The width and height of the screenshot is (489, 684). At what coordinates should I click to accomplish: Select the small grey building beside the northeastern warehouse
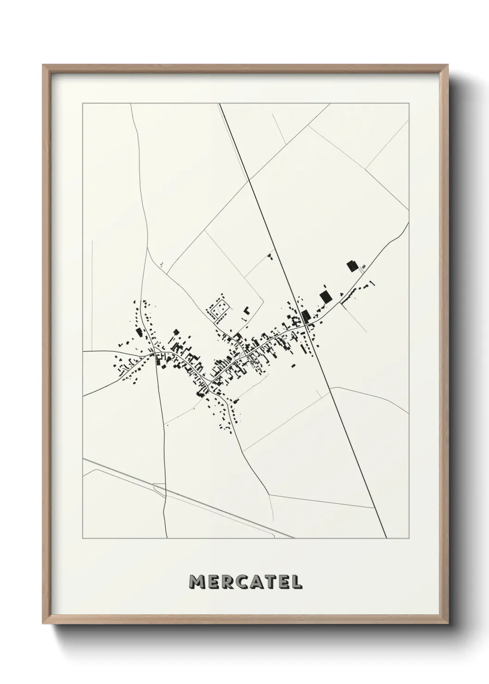(363, 267)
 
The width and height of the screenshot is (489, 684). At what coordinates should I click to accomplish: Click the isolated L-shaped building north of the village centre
(246, 310)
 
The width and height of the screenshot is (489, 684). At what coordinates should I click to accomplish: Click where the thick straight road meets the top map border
(220, 104)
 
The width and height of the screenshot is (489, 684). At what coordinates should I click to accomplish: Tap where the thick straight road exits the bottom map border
(386, 538)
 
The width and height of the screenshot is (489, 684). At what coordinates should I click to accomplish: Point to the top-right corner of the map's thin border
(409, 104)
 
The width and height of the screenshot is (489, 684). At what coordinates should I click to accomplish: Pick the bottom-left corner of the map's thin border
(83, 538)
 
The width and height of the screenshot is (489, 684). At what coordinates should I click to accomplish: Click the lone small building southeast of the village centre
(293, 365)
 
